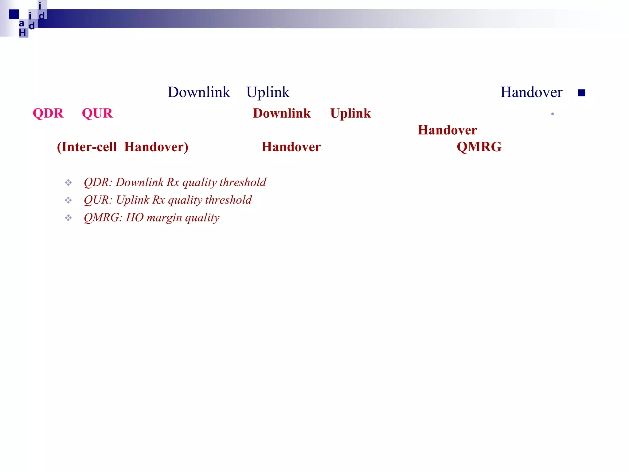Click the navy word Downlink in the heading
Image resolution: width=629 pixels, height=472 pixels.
coord(199,92)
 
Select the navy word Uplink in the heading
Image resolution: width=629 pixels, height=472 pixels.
coord(268,92)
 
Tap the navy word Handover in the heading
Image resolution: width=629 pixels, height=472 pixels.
coord(531,92)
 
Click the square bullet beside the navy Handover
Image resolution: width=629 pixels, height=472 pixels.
coord(581,93)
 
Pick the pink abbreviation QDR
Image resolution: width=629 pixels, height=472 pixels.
coord(48,113)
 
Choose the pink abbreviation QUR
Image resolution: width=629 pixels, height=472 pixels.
coord(97,113)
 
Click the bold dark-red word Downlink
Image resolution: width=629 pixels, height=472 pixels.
coord(282,113)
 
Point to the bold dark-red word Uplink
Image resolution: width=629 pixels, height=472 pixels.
coord(350,113)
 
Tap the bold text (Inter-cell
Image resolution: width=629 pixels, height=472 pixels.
coord(87,147)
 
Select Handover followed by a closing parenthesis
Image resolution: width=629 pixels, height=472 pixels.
coord(156,147)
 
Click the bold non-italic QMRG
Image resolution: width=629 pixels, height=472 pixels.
coord(479,147)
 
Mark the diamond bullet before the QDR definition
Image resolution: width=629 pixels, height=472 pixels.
coord(68,183)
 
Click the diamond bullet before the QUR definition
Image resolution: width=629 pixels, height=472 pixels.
coord(68,200)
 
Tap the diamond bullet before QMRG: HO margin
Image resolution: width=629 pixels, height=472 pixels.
coord(68,218)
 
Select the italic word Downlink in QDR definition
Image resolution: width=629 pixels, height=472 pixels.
coord(140,182)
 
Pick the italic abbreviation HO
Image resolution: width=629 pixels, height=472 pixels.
coord(135,218)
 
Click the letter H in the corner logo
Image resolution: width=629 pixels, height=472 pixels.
coord(22,33)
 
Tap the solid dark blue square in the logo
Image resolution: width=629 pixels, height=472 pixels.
coord(14,14)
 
